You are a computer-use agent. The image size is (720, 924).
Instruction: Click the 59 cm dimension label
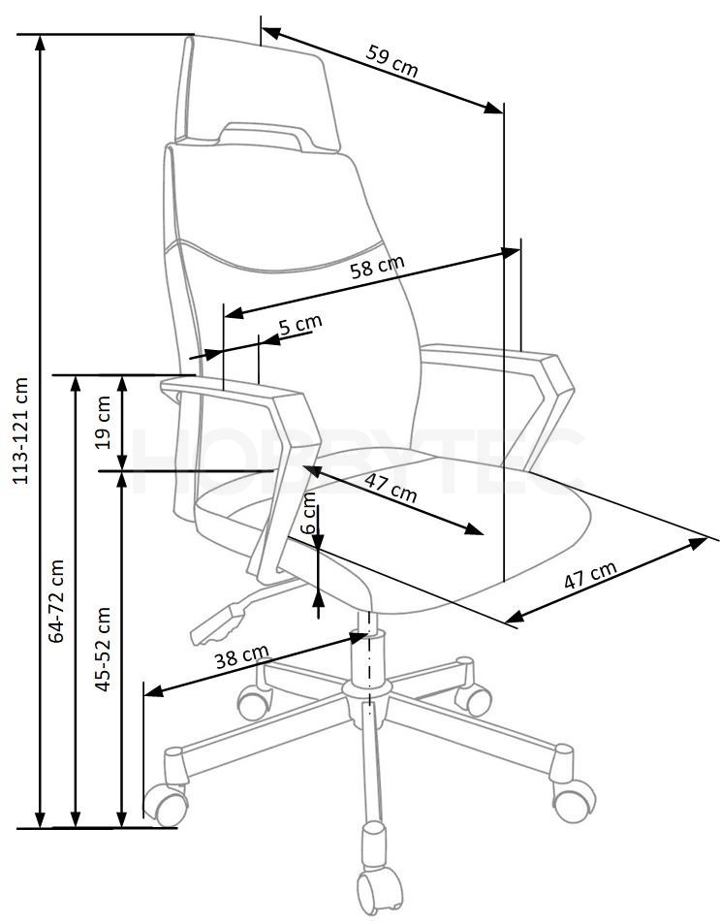391,60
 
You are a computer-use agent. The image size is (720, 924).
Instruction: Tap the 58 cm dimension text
377,267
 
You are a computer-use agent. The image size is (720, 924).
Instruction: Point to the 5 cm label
300,324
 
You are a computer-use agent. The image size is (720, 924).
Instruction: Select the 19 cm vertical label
104,422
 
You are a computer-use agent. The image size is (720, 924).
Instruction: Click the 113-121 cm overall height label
21,430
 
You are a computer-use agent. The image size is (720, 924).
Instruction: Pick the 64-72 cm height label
56,601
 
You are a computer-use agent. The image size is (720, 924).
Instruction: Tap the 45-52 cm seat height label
103,649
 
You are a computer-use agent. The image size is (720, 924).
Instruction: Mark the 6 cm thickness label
308,513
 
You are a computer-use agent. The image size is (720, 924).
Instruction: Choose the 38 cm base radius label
241,656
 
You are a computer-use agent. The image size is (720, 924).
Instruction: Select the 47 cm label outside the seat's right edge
590,575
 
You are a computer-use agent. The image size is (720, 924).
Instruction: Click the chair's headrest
257,88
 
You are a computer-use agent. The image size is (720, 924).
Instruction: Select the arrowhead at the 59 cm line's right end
494,108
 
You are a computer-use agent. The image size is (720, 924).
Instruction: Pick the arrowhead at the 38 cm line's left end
154,690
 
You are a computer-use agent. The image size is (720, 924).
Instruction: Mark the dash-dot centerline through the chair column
370,660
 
